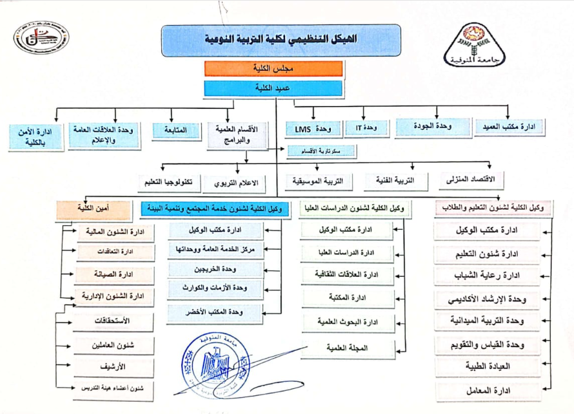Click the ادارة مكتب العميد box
(509, 127)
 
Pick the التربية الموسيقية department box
(319, 182)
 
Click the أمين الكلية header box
(95, 209)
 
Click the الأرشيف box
(114, 366)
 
